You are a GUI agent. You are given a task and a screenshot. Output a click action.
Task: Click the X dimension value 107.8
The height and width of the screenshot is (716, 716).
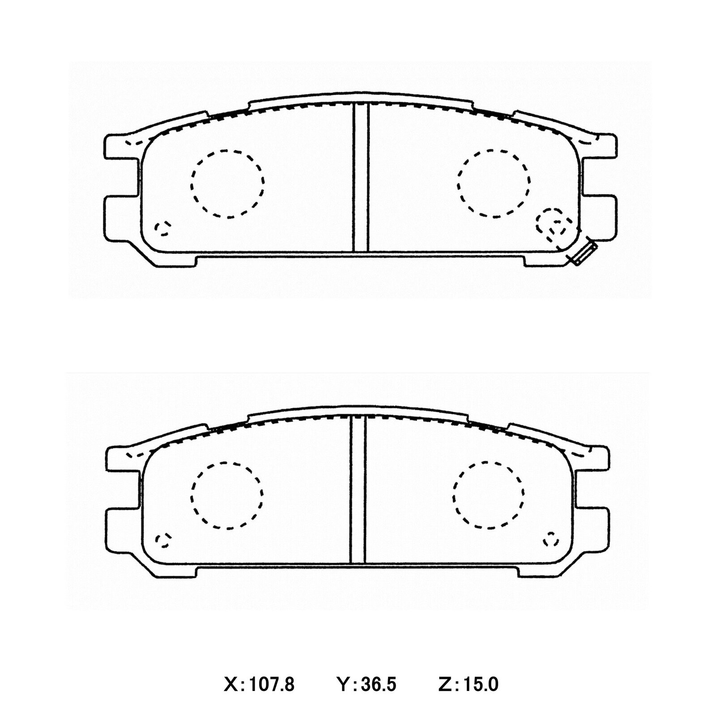pyautogui.click(x=271, y=685)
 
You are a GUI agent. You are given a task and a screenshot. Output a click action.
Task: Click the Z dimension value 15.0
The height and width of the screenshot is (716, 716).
pyautogui.click(x=481, y=685)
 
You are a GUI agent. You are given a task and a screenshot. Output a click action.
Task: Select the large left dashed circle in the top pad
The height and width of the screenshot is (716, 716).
pyautogui.click(x=227, y=183)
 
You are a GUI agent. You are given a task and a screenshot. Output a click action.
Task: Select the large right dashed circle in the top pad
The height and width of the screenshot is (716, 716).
pyautogui.click(x=494, y=183)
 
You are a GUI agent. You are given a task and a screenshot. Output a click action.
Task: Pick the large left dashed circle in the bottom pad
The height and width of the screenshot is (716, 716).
pyautogui.click(x=227, y=495)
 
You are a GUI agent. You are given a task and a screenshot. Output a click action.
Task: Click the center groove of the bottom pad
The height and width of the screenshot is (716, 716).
pyautogui.click(x=358, y=490)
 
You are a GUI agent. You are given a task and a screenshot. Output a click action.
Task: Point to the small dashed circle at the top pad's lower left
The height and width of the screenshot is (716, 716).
pyautogui.click(x=162, y=229)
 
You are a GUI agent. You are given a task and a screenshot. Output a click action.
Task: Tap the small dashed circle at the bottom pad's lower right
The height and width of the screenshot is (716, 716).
pyautogui.click(x=551, y=540)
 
